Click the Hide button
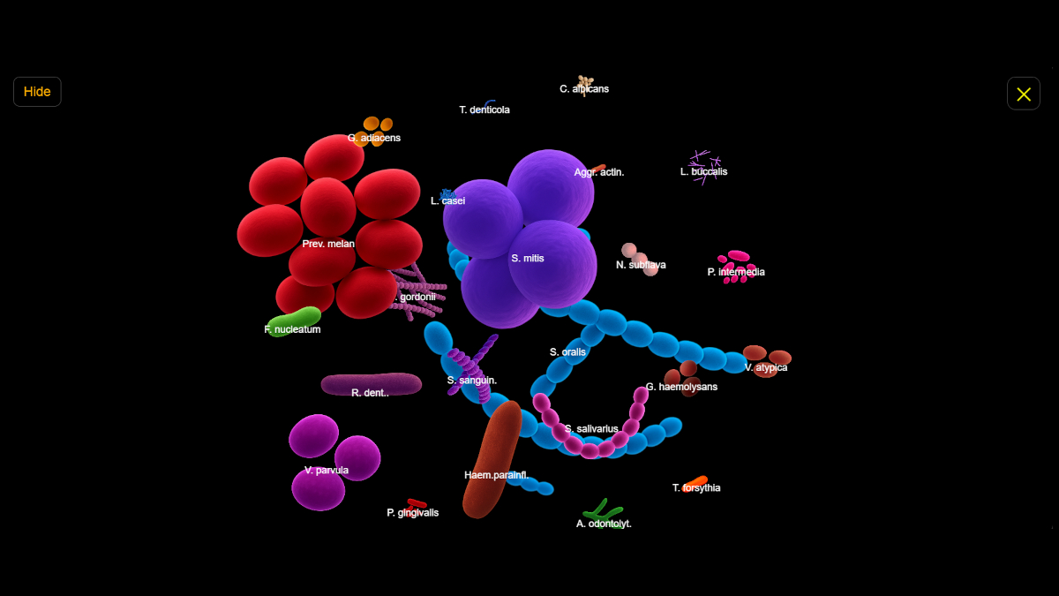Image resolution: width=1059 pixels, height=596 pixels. pos(37,92)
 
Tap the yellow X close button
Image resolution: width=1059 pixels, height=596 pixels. pos(1024,94)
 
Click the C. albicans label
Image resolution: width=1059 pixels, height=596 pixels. pos(584,89)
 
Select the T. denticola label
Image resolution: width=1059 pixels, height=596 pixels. pos(484,110)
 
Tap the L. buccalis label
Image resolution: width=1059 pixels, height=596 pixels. pos(703,172)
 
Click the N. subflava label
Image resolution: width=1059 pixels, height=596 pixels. pos(641,265)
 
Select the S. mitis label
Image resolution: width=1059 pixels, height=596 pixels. pos(528,259)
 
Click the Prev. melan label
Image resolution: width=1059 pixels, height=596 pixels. pos(328,244)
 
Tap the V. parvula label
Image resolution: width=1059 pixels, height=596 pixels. pos(327,471)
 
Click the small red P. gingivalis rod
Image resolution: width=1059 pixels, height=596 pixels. pos(417,503)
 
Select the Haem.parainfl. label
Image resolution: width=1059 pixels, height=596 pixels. pos(497,475)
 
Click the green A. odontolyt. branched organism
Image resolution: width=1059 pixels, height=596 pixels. pos(603,511)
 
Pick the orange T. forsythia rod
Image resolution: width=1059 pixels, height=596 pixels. pos(697,480)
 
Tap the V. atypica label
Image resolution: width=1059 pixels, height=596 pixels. pos(766,367)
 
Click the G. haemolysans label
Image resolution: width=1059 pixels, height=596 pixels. pos(681,387)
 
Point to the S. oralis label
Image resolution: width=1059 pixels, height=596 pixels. pos(567,352)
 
